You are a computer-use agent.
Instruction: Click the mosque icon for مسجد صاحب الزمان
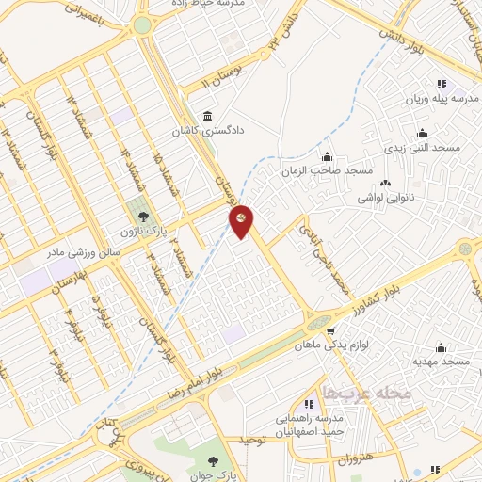pyautogui.click(x=327, y=156)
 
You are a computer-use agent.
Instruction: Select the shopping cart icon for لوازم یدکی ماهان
pyautogui.click(x=330, y=330)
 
